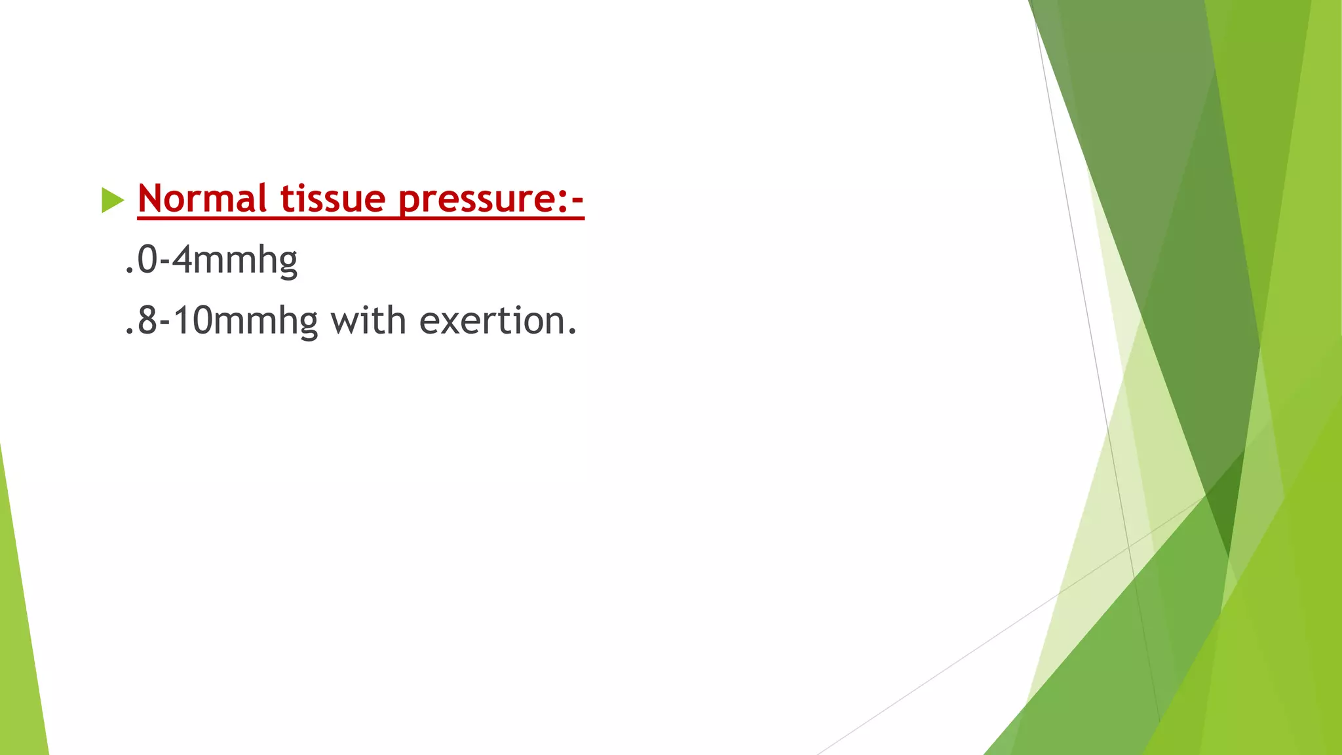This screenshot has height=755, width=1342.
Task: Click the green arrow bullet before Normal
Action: [113, 200]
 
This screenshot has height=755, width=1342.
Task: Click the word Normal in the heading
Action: [202, 199]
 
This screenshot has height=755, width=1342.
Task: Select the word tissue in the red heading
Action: [333, 199]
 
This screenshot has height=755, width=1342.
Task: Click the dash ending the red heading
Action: [577, 200]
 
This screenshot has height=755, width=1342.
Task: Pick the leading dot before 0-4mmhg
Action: [129, 270]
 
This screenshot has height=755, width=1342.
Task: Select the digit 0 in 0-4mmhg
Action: [147, 260]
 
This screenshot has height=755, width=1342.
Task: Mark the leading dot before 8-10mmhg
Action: [129, 332]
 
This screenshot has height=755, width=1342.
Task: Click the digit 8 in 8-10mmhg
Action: [147, 321]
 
